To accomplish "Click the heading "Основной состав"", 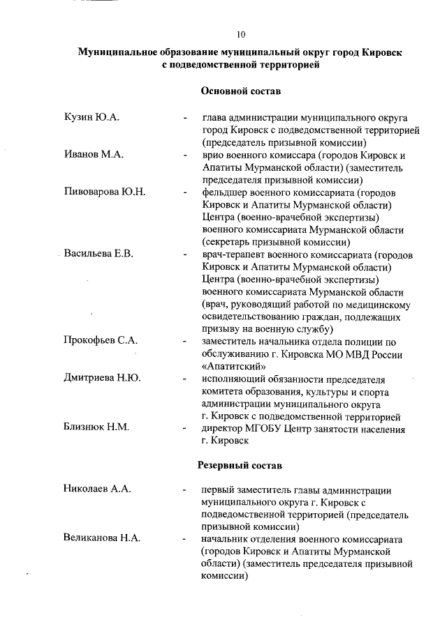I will (241, 91).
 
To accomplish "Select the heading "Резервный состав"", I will (241, 464).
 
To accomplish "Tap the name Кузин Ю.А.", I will (91, 117).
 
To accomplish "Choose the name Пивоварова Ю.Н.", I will (104, 192).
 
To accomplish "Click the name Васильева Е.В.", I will (98, 253).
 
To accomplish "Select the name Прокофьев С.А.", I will (101, 341).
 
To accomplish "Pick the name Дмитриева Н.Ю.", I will (102, 379).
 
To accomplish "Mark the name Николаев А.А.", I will (97, 489).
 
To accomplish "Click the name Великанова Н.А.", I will (102, 539).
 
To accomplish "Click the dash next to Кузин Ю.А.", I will (184, 118).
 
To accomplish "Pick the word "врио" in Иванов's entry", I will (212, 155).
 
